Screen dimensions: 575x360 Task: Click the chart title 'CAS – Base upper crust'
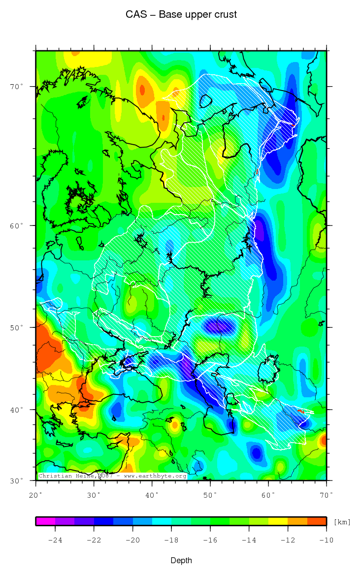181,15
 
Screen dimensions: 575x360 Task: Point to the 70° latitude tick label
18,87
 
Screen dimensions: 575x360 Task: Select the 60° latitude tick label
18,225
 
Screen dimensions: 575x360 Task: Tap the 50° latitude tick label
18,327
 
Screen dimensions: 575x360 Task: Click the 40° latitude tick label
18,410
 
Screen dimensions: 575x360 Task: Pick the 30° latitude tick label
18,480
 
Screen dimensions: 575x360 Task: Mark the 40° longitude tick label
152,494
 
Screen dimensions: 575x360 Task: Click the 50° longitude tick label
210,494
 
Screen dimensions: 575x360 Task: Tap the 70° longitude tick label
327,494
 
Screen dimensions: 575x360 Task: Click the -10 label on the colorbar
327,540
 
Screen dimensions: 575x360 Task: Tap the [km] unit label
342,521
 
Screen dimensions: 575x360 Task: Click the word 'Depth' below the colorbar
181,561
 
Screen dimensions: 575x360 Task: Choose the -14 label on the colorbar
249,540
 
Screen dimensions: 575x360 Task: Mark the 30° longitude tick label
94,494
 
